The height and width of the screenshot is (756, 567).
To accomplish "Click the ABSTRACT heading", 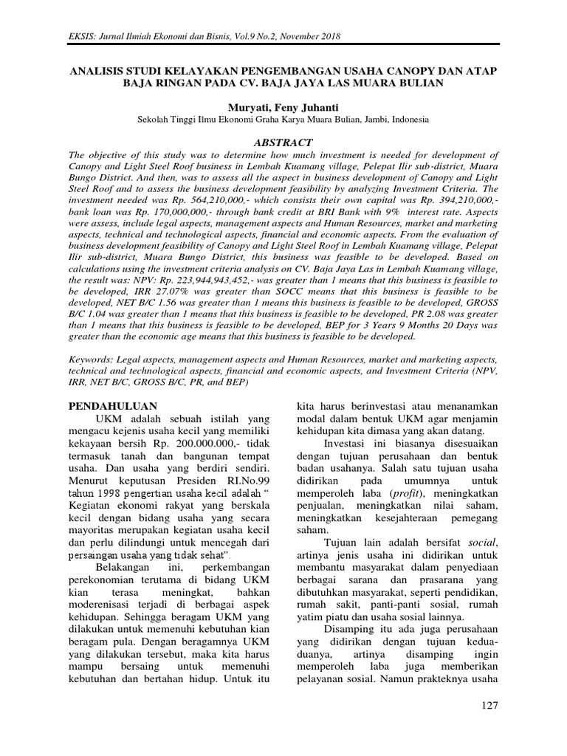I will [x=283, y=142].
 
